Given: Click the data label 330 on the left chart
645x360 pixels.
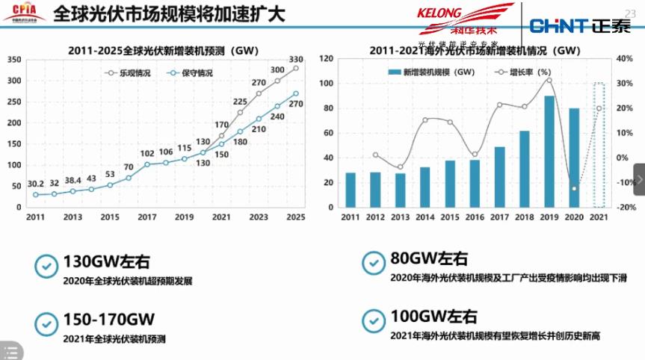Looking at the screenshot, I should [296, 59].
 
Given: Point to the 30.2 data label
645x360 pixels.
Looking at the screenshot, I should [35, 183].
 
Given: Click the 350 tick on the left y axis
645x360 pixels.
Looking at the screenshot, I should [13, 59].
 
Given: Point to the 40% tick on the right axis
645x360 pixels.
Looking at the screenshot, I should [626, 59].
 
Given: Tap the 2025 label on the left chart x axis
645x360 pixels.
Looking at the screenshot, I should [296, 217].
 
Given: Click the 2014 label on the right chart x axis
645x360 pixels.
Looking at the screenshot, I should [425, 217].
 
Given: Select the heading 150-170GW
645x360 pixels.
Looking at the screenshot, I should [108, 320].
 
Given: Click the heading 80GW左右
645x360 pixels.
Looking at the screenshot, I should [429, 258].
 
